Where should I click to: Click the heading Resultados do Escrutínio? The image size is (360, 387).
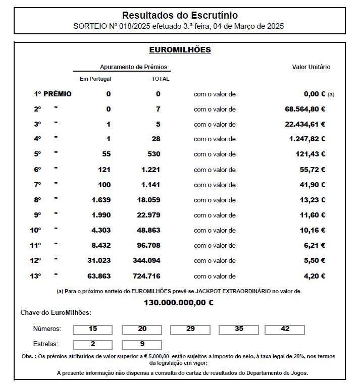(180, 16)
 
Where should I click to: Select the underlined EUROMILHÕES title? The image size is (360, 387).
(180, 50)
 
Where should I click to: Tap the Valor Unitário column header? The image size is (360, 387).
(311, 67)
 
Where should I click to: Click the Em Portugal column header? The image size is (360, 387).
(95, 79)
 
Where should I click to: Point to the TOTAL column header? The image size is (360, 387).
(160, 79)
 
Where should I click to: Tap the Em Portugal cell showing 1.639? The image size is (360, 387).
(101, 200)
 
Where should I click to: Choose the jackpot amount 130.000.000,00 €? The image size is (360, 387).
(178, 303)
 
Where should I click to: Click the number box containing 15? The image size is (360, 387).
(93, 329)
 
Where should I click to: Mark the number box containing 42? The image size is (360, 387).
(285, 329)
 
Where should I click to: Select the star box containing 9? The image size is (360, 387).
(142, 345)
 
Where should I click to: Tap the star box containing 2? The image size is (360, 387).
(93, 345)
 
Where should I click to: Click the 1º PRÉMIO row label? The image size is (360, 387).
(53, 94)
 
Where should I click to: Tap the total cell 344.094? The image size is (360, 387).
(147, 261)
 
